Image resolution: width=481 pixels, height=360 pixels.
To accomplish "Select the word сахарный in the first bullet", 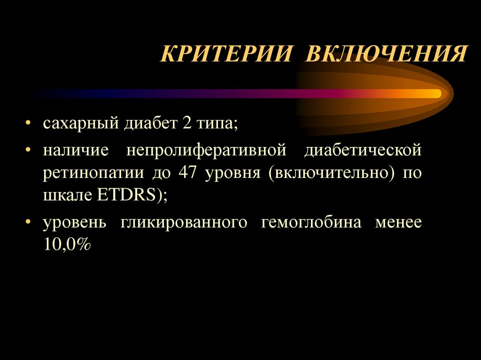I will pyautogui.click(x=81, y=124).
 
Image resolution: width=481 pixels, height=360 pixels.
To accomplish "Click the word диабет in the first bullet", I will pyautogui.click(x=147, y=124).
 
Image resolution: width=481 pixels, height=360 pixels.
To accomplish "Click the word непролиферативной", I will pyautogui.click(x=206, y=151).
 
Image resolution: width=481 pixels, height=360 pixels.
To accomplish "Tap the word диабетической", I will pyautogui.click(x=363, y=151).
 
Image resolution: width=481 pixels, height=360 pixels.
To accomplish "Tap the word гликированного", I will pyautogui.click(x=184, y=222).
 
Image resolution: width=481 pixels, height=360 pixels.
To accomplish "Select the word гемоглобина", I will pyautogui.click(x=311, y=222).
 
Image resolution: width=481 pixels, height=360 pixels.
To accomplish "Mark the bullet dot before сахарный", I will pyautogui.click(x=30, y=125).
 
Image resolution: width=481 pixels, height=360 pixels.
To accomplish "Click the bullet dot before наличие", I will pyautogui.click(x=30, y=152).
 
